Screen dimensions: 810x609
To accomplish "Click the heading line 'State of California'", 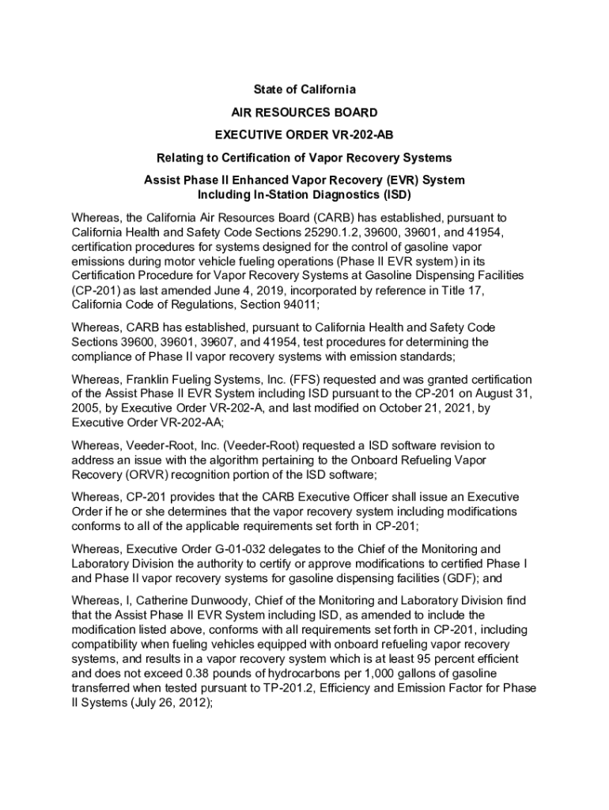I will click(x=304, y=89).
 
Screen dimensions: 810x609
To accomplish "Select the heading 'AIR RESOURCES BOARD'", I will click(x=304, y=112).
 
